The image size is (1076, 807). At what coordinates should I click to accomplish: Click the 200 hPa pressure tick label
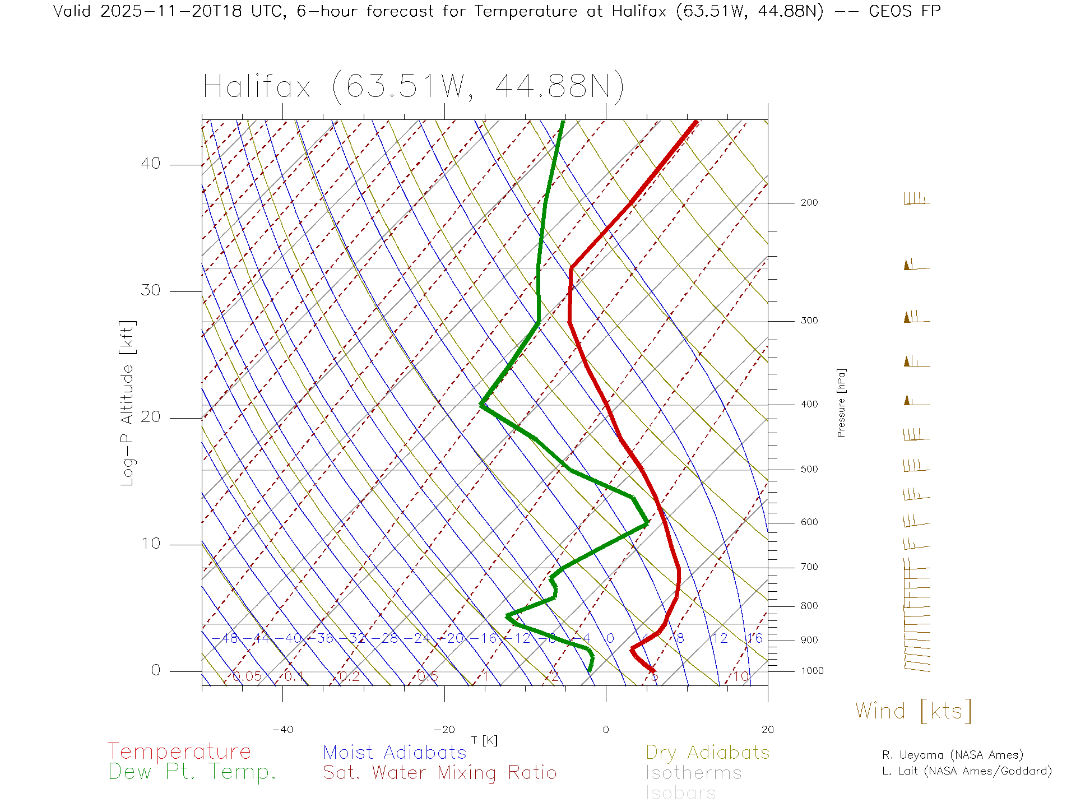coord(809,203)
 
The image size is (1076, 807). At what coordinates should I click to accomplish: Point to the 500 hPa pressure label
coord(809,470)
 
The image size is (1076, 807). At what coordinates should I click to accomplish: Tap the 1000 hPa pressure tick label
coord(811,671)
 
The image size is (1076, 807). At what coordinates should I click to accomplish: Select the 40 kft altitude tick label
coord(150,164)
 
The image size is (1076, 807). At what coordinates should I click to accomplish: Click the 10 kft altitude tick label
coord(150,544)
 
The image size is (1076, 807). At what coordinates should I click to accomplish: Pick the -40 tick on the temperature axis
coord(282,730)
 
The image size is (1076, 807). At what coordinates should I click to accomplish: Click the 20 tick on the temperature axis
coord(767,730)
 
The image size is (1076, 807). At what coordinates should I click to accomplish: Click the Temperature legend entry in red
coord(179,752)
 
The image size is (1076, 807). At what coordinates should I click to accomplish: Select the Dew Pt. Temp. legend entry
coord(192,772)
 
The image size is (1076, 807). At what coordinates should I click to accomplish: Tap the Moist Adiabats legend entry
coord(395,752)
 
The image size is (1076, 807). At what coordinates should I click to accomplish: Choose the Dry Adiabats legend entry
coord(708,752)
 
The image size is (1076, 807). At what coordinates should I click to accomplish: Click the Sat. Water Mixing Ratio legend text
coord(440,773)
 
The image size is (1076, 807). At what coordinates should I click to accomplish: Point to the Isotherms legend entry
coord(694,773)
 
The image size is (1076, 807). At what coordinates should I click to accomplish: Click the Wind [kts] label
coord(913,711)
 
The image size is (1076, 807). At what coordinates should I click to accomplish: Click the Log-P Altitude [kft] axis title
coord(128,403)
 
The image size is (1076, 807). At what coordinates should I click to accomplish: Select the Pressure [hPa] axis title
coord(841,402)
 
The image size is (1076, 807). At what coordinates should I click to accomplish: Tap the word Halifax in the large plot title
coord(257,87)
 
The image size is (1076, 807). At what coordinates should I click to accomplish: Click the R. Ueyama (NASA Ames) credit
coord(953,755)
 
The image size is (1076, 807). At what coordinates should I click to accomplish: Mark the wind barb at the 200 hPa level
coord(916,199)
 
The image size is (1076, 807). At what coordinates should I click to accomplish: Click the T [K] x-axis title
coord(484,740)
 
